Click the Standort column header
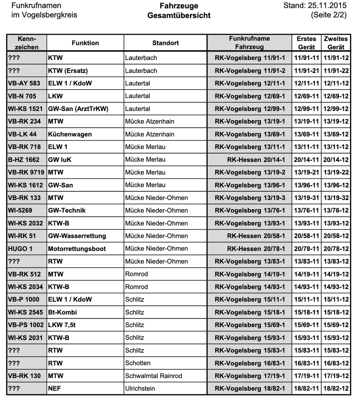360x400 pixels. pyautogui.click(x=165, y=43)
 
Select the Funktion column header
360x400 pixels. pyautogui.click(x=85, y=43)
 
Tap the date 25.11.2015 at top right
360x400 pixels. pyautogui.click(x=327, y=6)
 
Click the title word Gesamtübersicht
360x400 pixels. pyautogui.click(x=179, y=15)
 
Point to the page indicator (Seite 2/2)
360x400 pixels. pyautogui.click(x=329, y=15)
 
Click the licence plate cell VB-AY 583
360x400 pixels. pyautogui.click(x=24, y=83)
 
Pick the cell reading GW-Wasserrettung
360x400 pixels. pyautogui.click(x=77, y=236)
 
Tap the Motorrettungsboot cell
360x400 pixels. pyautogui.click(x=77, y=249)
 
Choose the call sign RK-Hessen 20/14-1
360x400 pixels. pyautogui.click(x=256, y=160)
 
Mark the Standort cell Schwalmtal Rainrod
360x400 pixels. pyautogui.click(x=154, y=376)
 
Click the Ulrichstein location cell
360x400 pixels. pyautogui.click(x=140, y=389)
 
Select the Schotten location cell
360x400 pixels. pyautogui.click(x=138, y=363)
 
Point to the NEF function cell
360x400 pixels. pyautogui.click(x=54, y=389)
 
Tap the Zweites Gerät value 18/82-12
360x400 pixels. pyautogui.click(x=336, y=389)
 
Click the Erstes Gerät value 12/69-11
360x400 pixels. pyautogui.click(x=306, y=96)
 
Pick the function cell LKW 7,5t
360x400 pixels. pyautogui.click(x=62, y=325)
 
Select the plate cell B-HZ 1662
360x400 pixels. pyautogui.click(x=24, y=160)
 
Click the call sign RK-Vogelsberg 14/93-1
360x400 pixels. pyautogui.click(x=250, y=287)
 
